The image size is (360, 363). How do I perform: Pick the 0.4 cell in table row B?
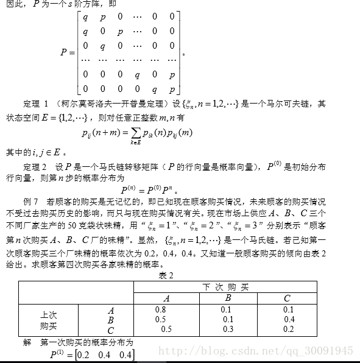289,319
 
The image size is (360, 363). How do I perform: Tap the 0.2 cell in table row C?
288,329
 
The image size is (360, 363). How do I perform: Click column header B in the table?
228,298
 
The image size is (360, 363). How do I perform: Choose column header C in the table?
287,298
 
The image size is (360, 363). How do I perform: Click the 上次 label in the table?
49,315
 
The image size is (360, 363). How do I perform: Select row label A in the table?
110,309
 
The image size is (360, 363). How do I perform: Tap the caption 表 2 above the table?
166,275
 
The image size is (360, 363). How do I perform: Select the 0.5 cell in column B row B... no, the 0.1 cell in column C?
288,309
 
